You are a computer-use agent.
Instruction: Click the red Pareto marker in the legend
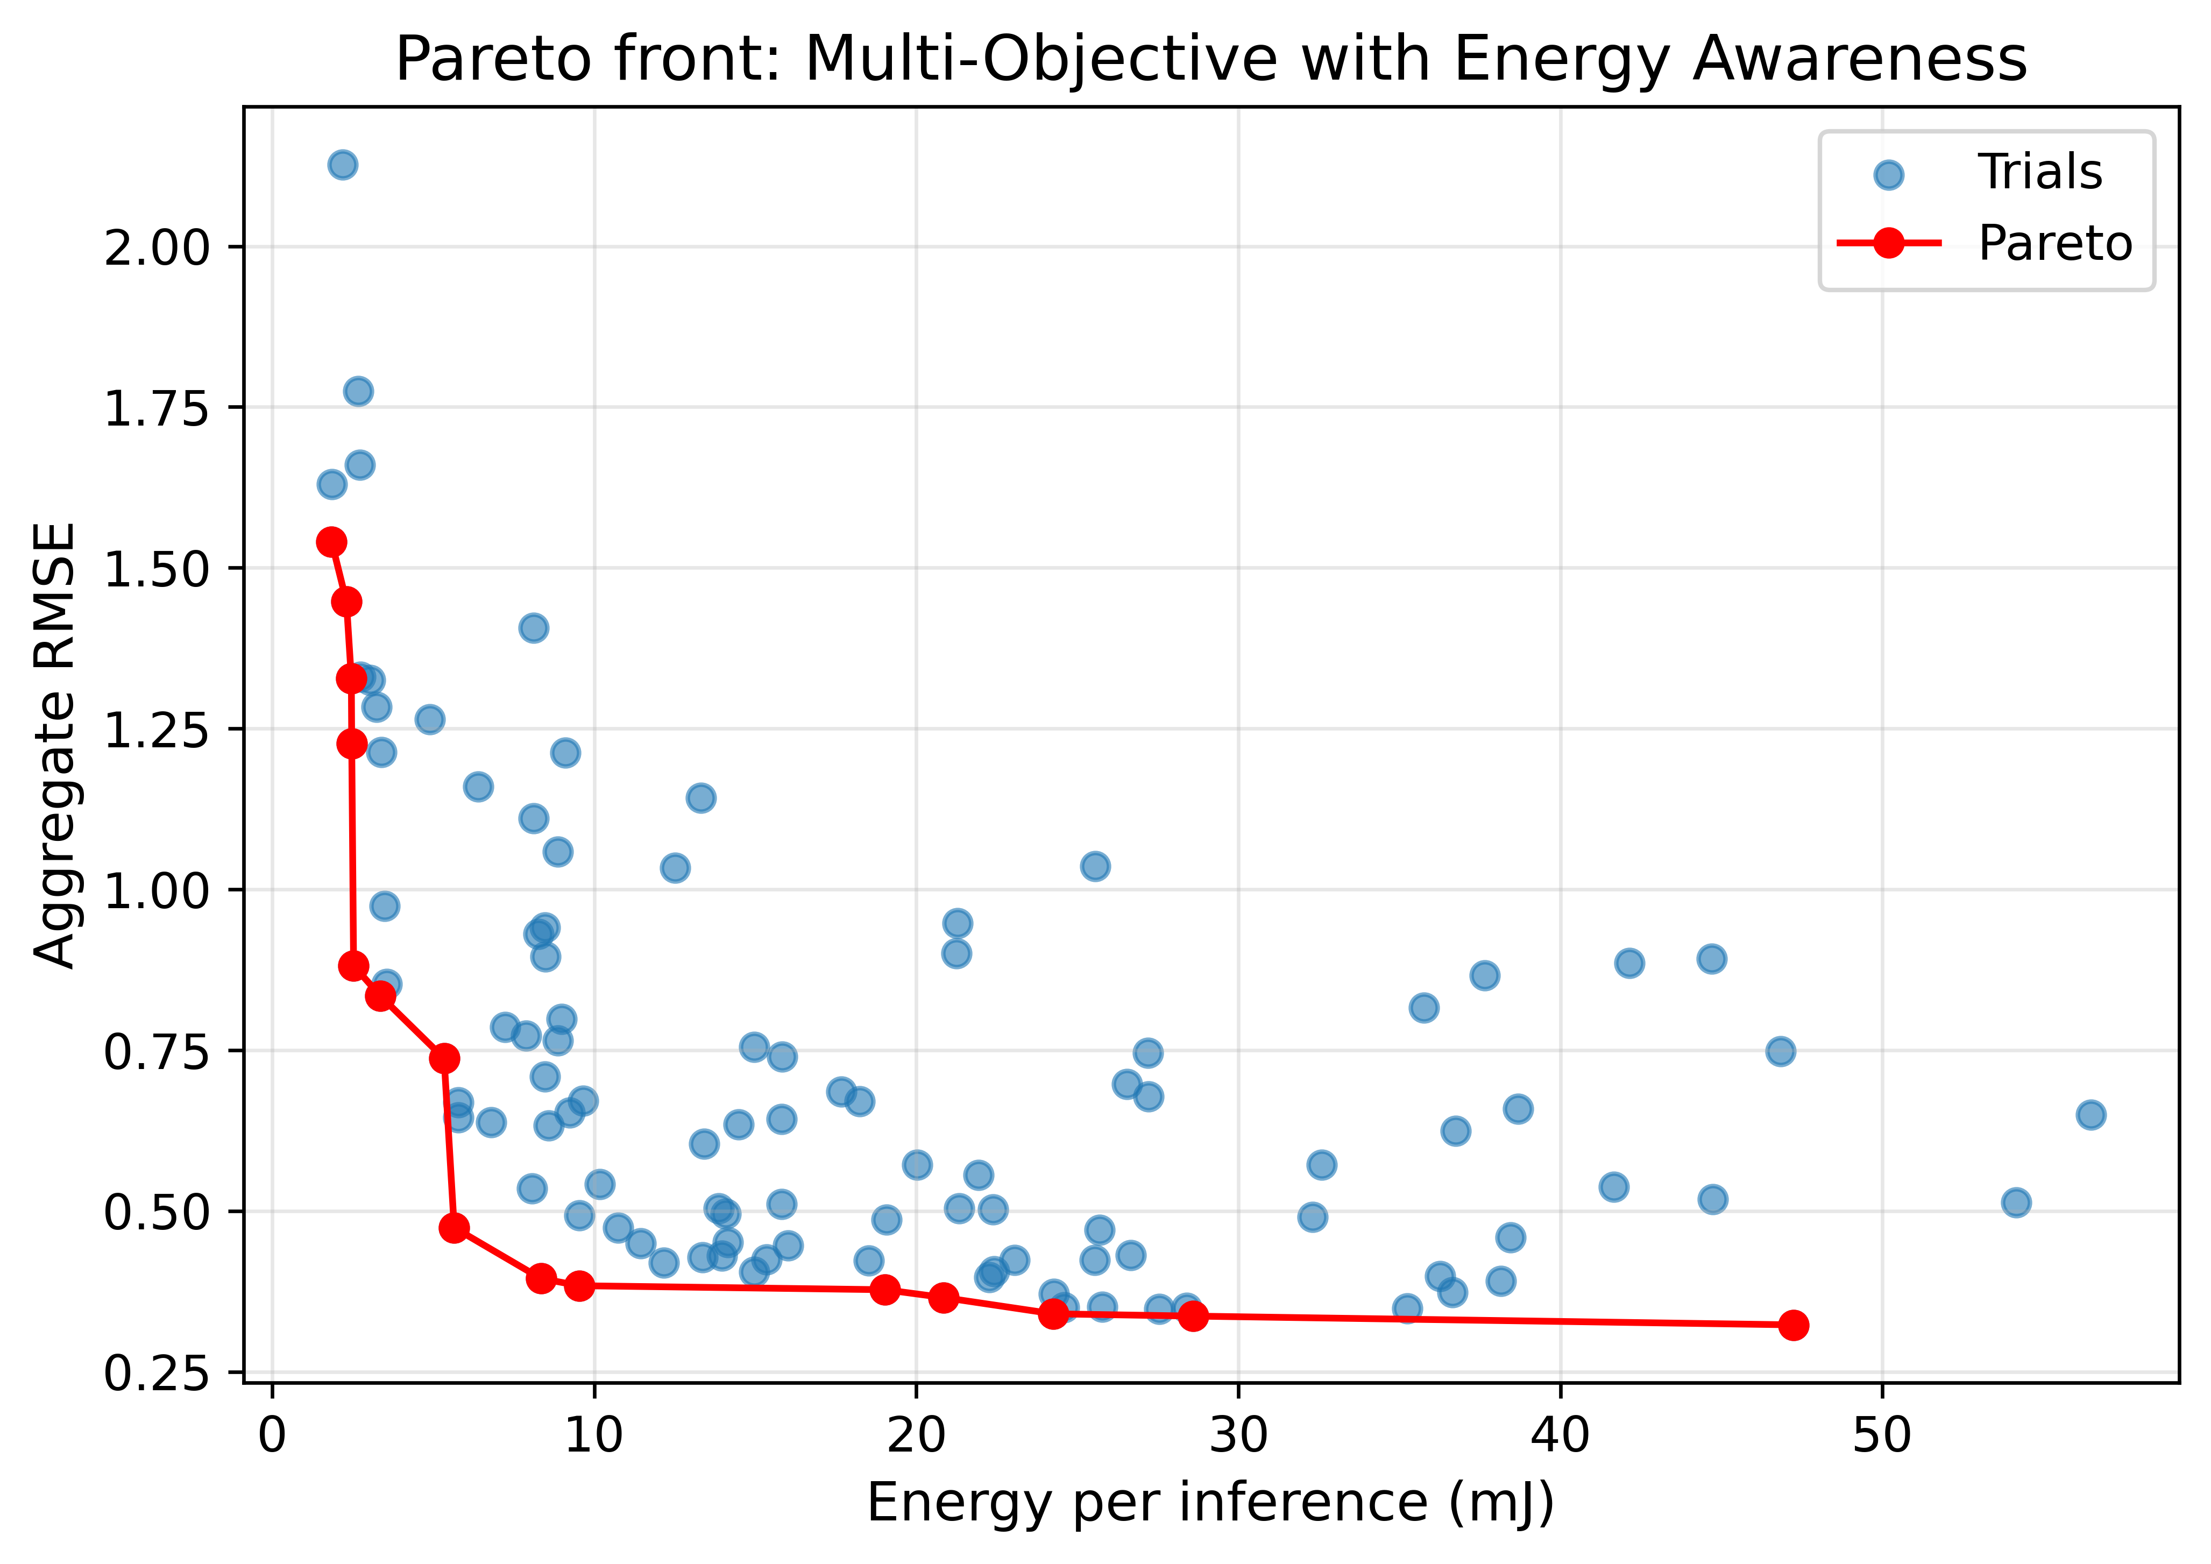1889,244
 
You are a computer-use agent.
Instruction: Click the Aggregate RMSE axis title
55,745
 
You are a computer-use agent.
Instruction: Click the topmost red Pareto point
331,542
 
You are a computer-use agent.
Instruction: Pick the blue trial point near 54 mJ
2016,1202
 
